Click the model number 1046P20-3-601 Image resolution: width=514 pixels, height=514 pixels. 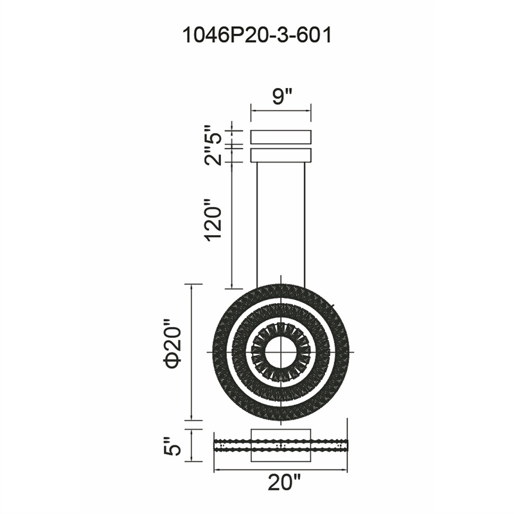(256, 35)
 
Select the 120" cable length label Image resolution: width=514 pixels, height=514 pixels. (213, 220)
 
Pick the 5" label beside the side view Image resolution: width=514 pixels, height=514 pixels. (172, 445)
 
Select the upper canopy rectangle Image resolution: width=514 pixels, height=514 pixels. (281, 137)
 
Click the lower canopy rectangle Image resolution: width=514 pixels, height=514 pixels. (281, 155)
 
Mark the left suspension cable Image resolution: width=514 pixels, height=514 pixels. (258, 226)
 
